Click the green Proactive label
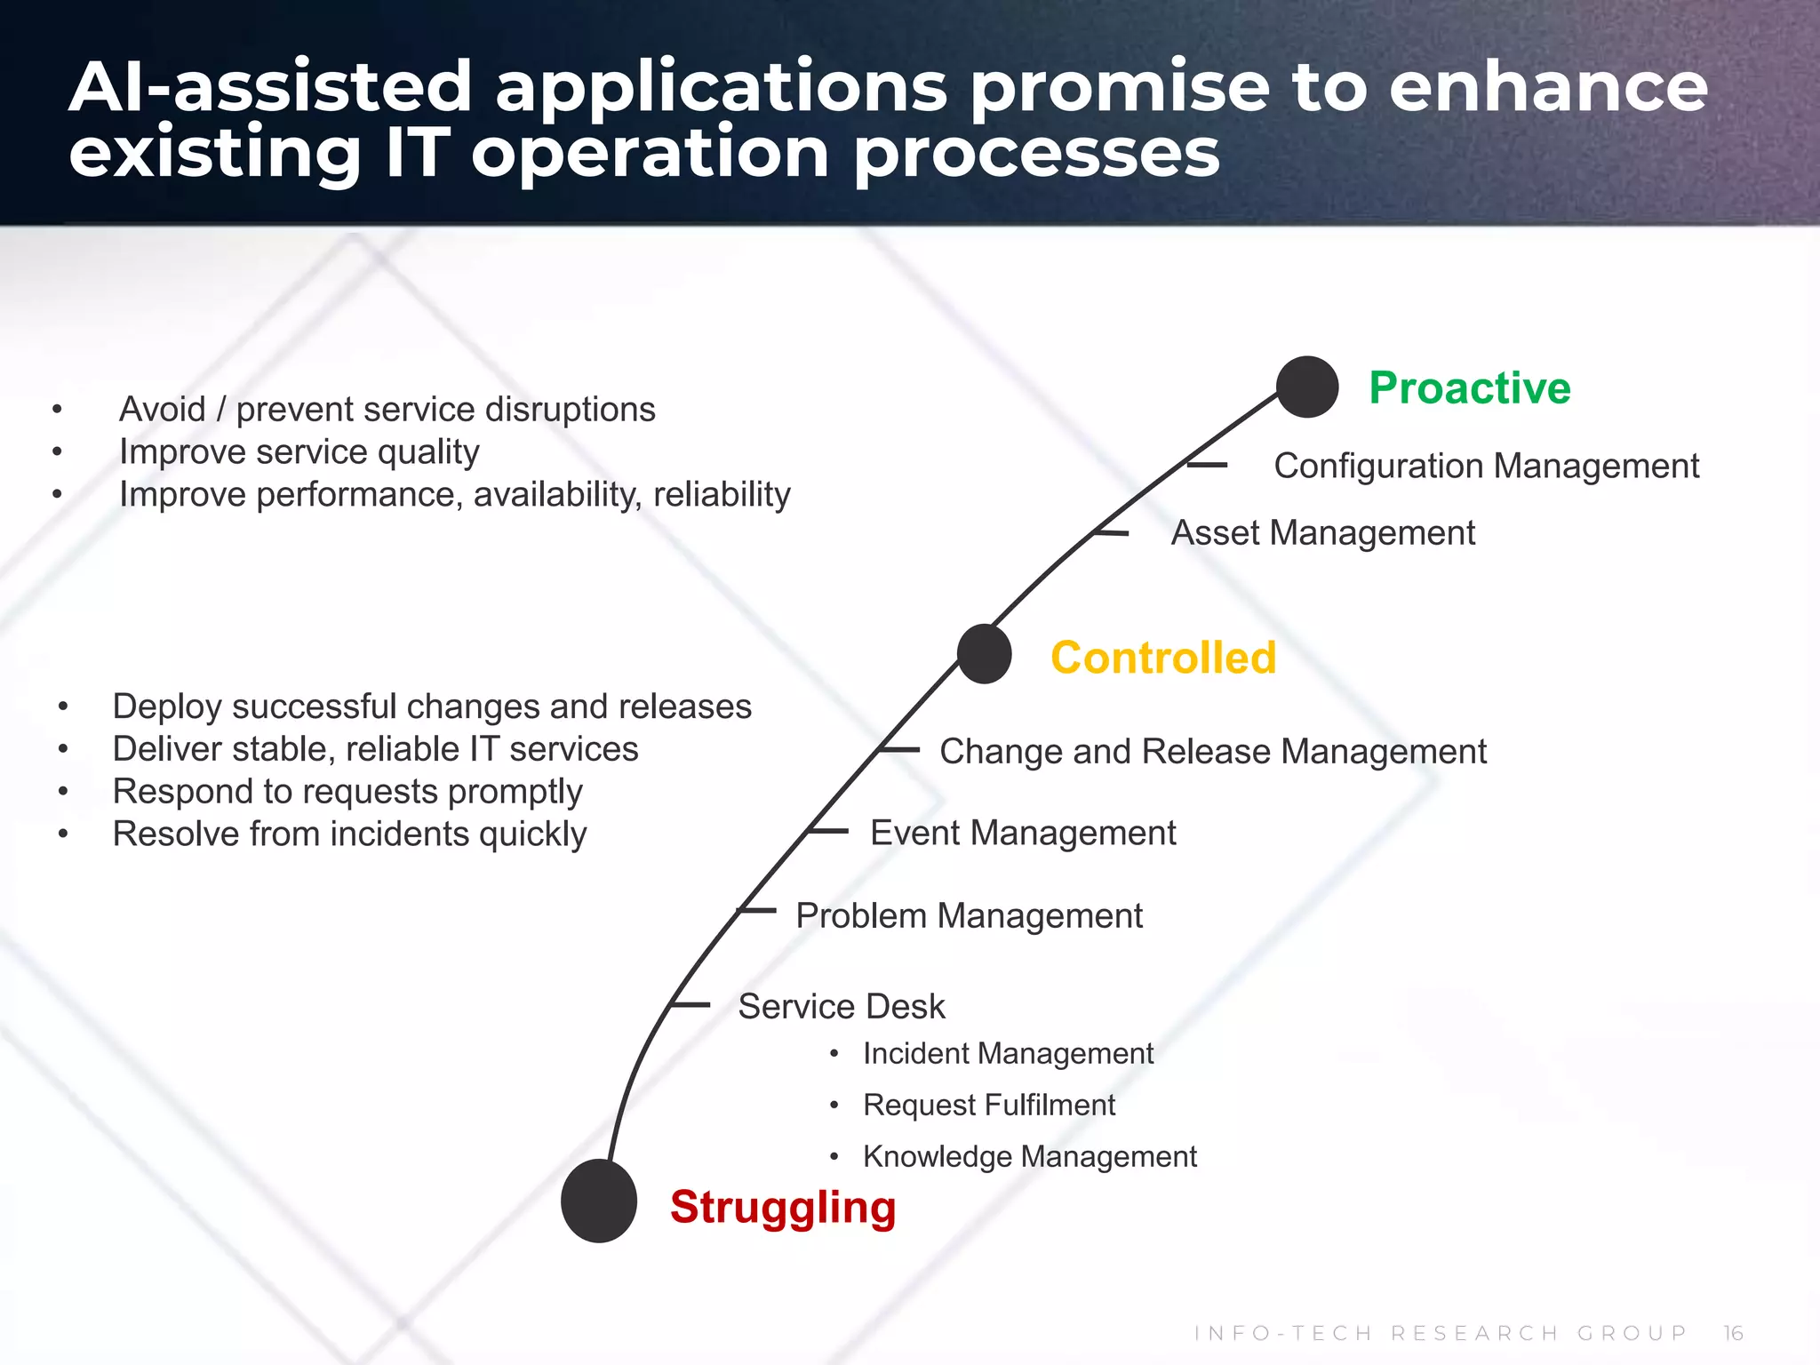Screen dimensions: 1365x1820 pos(1469,388)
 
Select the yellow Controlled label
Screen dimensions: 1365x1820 pos(1162,659)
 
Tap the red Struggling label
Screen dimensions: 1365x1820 pos(782,1208)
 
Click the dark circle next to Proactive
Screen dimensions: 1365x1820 pos(1306,387)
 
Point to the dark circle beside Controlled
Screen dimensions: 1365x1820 pos(985,654)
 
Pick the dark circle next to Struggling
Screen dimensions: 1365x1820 pos(599,1201)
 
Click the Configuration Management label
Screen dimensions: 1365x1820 pos(1486,467)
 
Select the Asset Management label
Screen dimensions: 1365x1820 pos(1322,533)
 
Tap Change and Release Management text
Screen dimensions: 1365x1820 pos(1212,752)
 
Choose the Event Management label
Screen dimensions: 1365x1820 pos(1022,834)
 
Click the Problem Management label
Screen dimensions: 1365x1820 pos(969,916)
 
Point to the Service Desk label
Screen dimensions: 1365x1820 pos(841,1007)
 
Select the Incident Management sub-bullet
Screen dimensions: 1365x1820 pos(1008,1054)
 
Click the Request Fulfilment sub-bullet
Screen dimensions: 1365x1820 pos(988,1106)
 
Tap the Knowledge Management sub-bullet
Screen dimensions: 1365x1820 pos(1029,1157)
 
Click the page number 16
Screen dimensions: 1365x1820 pos(1733,1333)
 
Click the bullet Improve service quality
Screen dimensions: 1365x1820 pos(299,452)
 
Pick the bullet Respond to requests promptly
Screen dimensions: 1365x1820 pos(347,792)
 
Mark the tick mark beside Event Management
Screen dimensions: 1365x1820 pos(828,832)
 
